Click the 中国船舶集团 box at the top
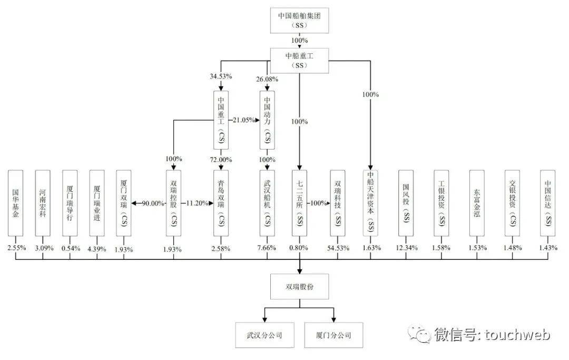click(x=299, y=21)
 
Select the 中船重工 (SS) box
click(x=299, y=60)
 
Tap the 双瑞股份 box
click(x=299, y=287)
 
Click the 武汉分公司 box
click(x=264, y=335)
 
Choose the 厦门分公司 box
click(x=333, y=335)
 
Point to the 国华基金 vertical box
click(x=16, y=203)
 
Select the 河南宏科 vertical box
click(x=43, y=203)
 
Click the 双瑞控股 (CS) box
click(x=173, y=203)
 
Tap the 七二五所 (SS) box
click(x=299, y=203)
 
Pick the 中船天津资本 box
click(x=370, y=203)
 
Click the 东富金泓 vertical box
click(x=477, y=203)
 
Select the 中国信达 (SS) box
click(x=547, y=203)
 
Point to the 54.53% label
click(x=338, y=248)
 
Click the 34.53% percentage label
click(x=221, y=76)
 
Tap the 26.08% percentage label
click(x=267, y=79)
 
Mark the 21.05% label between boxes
click(x=244, y=120)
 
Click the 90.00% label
click(x=153, y=203)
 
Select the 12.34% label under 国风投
click(x=407, y=248)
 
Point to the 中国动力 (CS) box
click(x=267, y=120)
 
